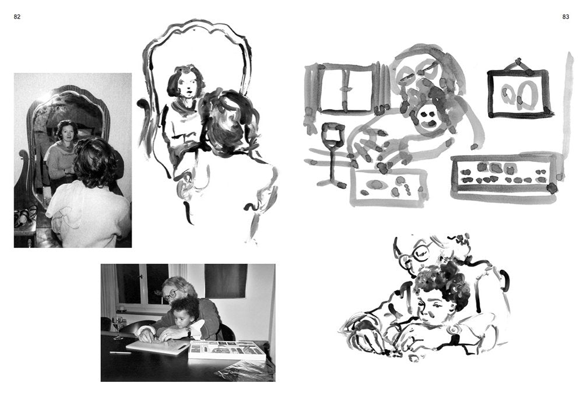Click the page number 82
(17, 17)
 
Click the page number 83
(566, 17)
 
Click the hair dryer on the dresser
(23, 219)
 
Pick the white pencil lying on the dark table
(120, 352)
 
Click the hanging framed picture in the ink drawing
(518, 93)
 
